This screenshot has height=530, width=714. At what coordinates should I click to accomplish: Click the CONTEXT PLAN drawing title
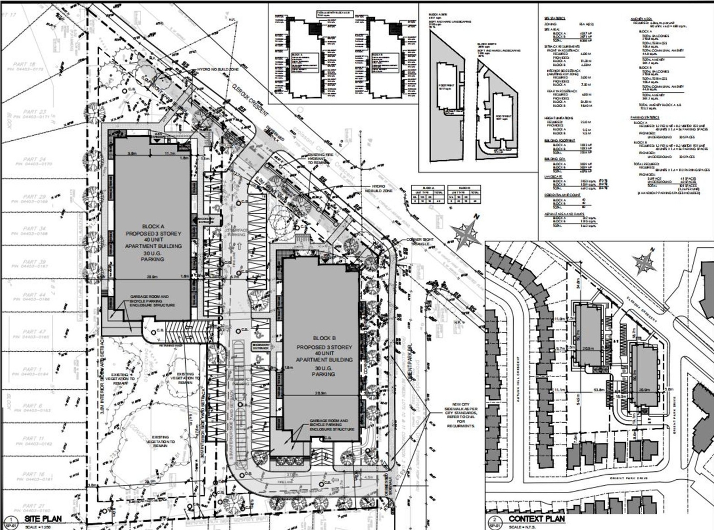tap(536, 519)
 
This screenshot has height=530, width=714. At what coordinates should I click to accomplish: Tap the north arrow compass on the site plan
tap(466, 233)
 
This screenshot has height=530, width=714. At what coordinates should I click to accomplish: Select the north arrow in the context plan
tap(645, 261)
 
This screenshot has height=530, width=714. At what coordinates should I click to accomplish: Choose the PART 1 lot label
tap(33, 370)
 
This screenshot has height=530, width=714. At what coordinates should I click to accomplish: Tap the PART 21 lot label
tap(33, 505)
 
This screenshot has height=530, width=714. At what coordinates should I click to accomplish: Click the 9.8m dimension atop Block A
tap(132, 152)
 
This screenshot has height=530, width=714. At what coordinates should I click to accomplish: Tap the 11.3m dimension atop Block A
tap(170, 152)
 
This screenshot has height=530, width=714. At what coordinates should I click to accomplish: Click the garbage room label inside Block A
tap(146, 301)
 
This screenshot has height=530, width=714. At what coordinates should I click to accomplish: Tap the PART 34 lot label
tap(33, 229)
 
